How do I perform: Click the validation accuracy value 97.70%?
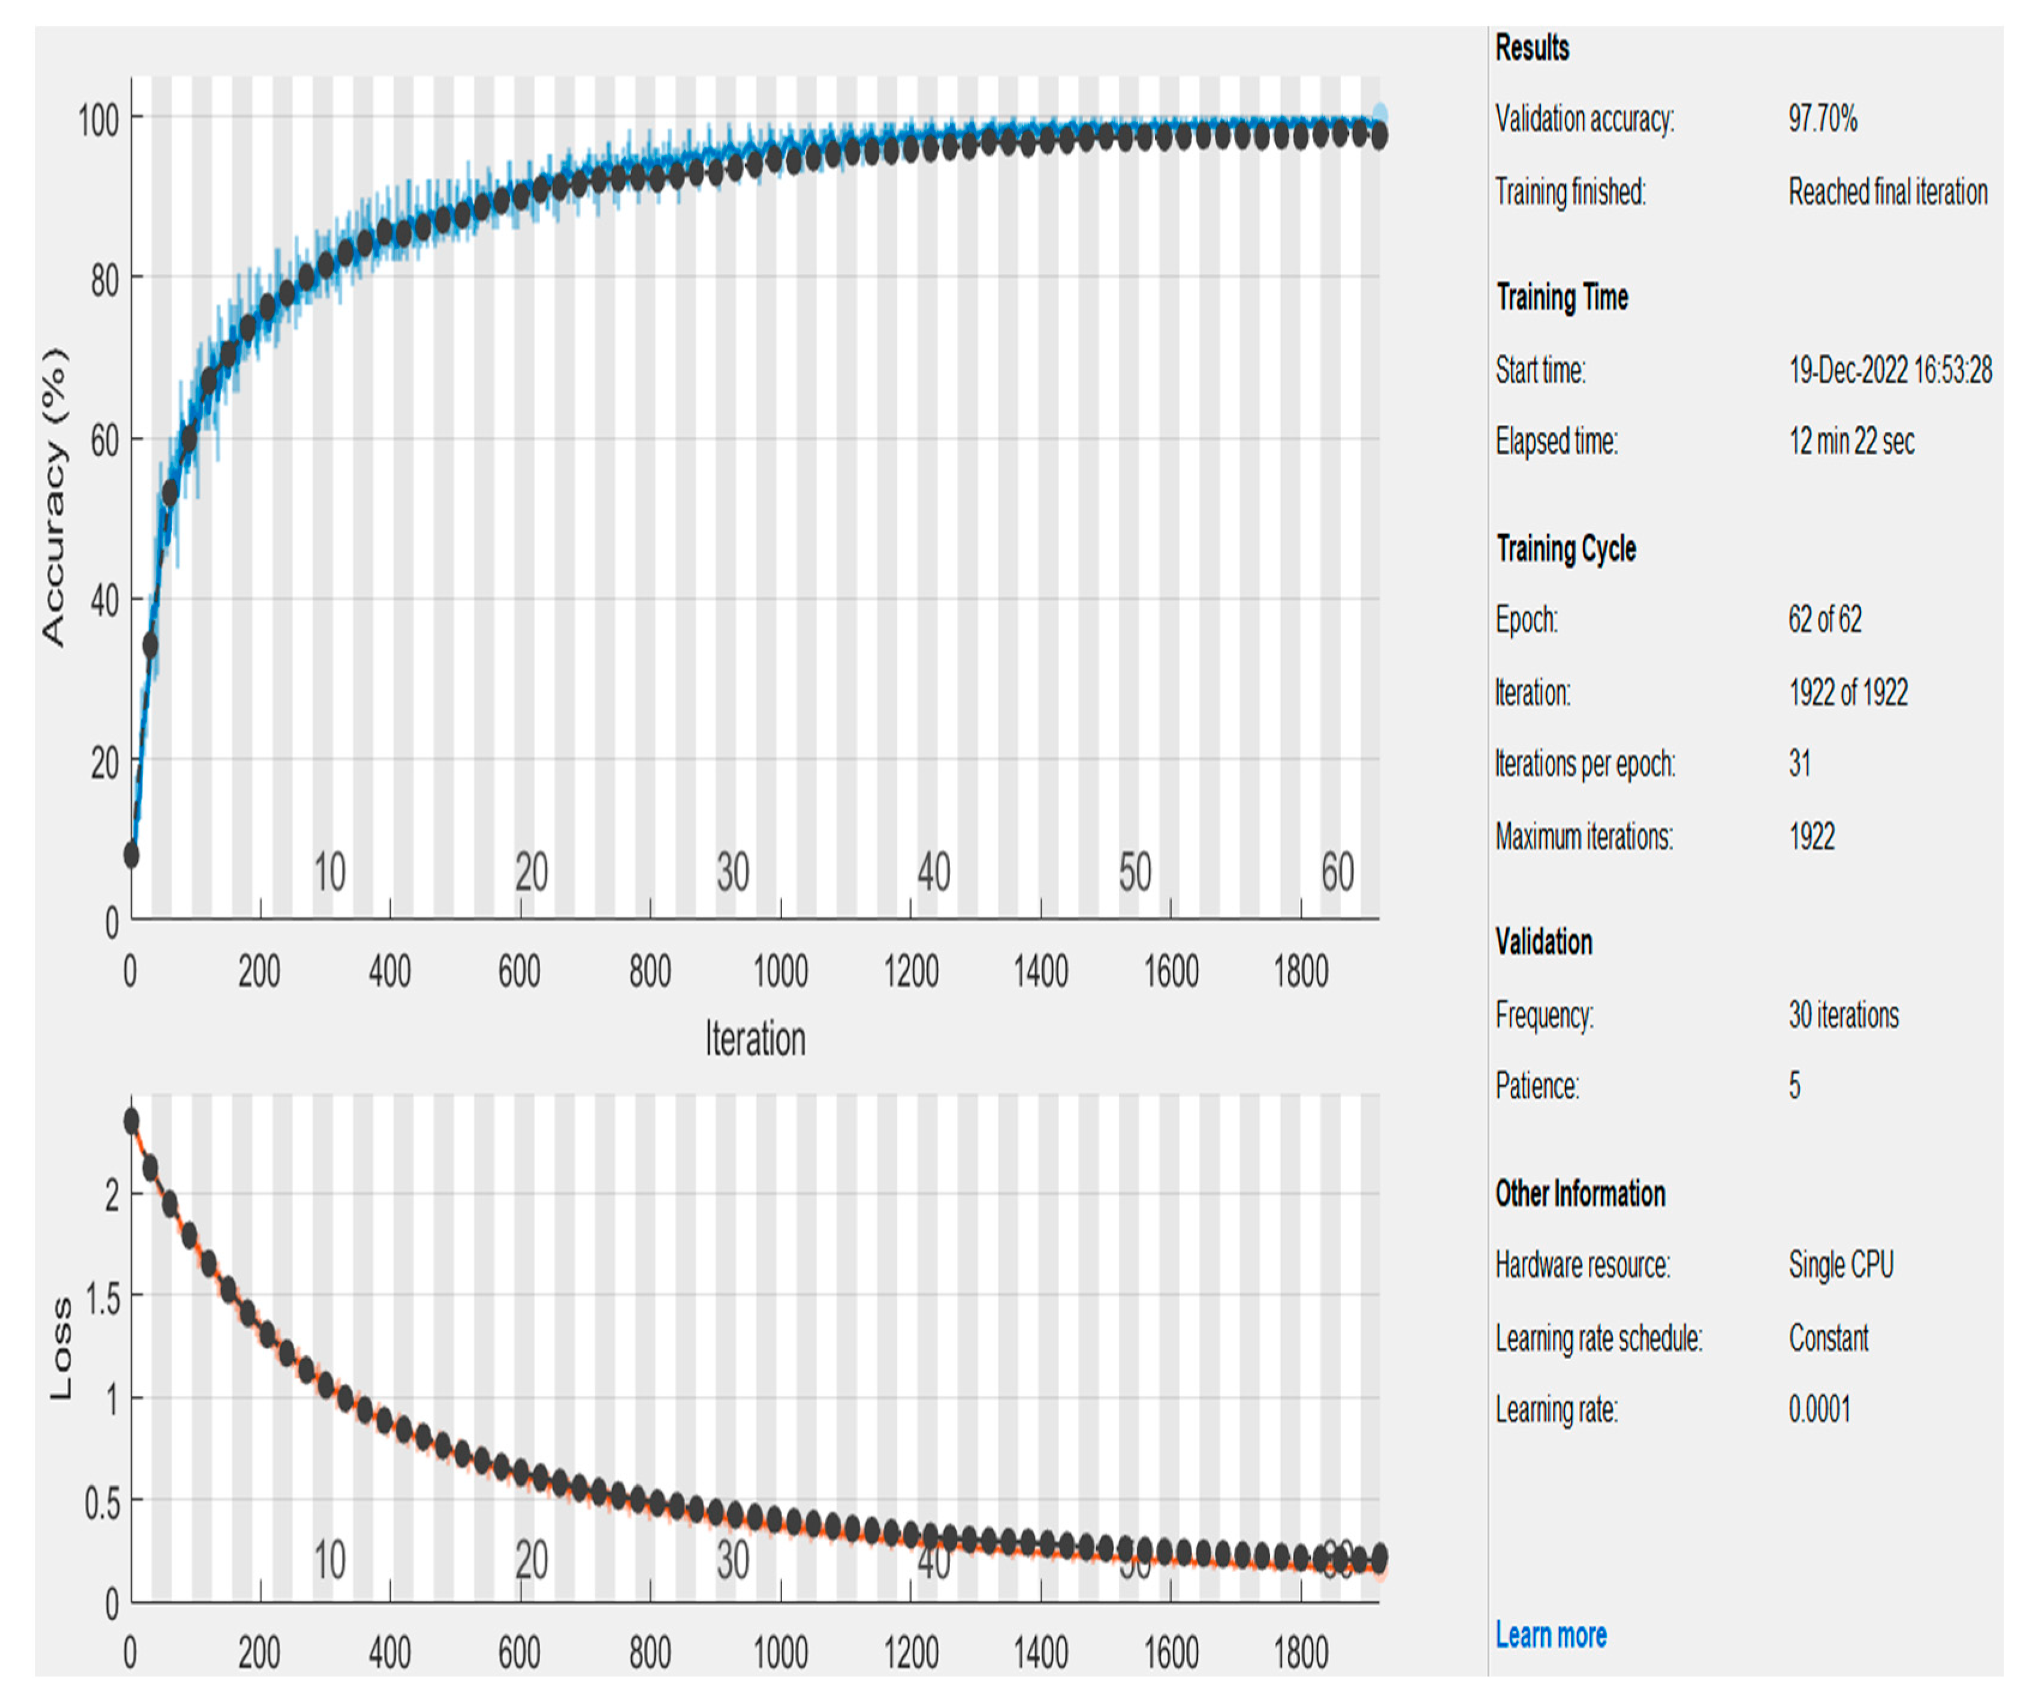(x=1821, y=119)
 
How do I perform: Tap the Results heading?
(x=1531, y=47)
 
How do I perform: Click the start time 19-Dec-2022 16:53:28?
(x=1889, y=369)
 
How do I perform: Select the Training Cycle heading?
(x=1566, y=548)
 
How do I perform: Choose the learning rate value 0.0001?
(x=1818, y=1409)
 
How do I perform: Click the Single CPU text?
(x=1841, y=1265)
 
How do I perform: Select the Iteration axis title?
(x=754, y=1039)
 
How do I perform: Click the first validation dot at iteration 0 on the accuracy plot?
(x=131, y=855)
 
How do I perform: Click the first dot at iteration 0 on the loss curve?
(x=131, y=1121)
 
